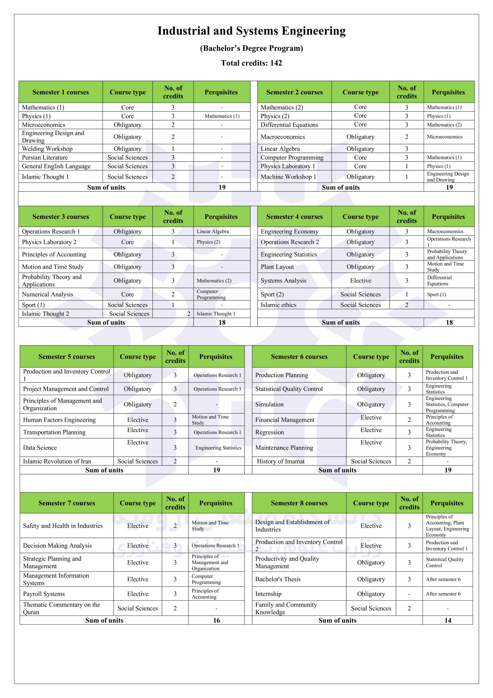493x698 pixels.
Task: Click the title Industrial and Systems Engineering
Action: (251, 31)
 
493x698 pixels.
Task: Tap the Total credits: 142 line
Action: (251, 63)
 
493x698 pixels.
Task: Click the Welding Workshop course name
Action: (47, 149)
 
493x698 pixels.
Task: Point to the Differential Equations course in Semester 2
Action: (289, 125)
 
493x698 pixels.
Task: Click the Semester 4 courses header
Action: (294, 217)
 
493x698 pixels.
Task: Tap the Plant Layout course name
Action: (277, 267)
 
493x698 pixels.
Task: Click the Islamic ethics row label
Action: (278, 305)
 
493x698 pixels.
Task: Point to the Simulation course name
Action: (269, 404)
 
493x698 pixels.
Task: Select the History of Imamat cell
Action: (280, 461)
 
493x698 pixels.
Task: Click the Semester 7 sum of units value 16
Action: (216, 620)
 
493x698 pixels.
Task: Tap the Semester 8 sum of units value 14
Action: (448, 620)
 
